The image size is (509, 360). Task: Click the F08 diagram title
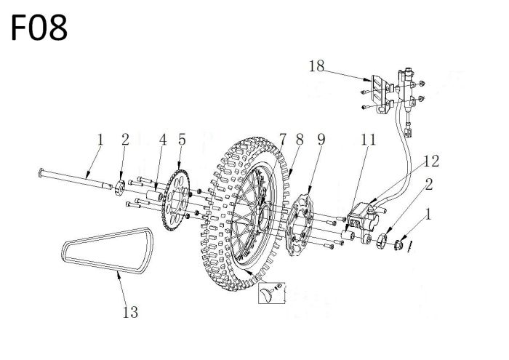coord(39,28)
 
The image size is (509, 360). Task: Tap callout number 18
coord(316,66)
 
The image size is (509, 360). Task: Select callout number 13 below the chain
coord(130,312)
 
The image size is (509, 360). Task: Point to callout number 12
coord(431,161)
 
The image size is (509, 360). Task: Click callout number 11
coord(368,140)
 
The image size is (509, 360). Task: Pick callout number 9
coord(321,139)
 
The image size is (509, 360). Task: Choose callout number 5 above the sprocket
coord(182,140)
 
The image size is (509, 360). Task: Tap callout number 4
coord(163,140)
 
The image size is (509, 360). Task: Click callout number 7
coord(283,139)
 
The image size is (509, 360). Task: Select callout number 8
coord(300,139)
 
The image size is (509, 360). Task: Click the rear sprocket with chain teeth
coord(176,200)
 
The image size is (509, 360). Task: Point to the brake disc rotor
coord(300,224)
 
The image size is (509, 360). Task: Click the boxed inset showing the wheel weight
coord(272,293)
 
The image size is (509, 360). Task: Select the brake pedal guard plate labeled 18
coord(379,94)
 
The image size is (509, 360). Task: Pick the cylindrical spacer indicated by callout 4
coord(154,196)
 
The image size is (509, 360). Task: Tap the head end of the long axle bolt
coord(41,173)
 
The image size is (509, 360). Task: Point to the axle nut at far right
coord(398,245)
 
